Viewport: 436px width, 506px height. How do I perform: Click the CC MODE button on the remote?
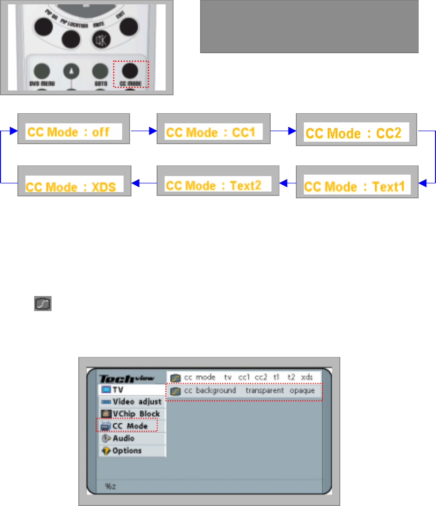130,71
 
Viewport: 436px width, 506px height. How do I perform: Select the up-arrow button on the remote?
71,71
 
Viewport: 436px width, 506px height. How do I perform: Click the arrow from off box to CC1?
144,130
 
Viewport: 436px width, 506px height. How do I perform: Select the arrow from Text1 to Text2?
288,183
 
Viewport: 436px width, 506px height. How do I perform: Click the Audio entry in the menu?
124,438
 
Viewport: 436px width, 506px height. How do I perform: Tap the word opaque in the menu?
302,390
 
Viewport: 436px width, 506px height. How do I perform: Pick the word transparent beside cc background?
264,390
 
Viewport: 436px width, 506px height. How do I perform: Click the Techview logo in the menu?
127,379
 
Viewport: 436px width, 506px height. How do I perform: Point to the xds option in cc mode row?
306,377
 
